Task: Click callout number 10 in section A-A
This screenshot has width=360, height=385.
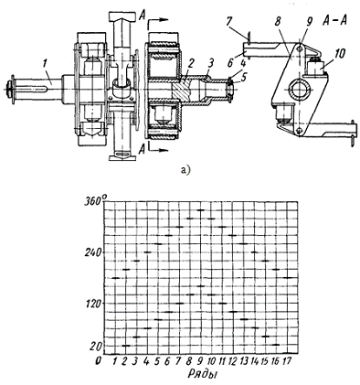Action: tap(340, 54)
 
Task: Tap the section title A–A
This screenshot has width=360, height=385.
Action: tap(335, 21)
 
